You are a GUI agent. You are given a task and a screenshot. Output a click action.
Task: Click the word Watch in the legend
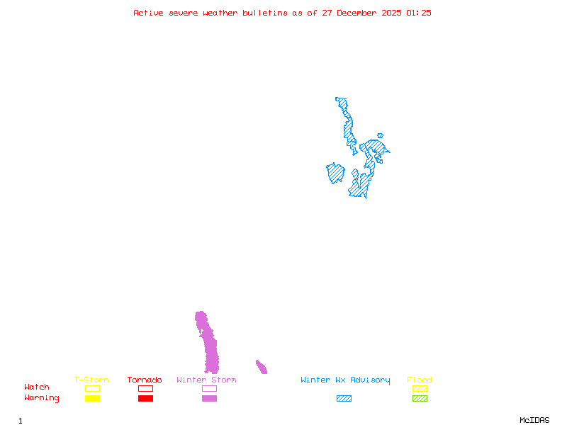pyautogui.click(x=37, y=387)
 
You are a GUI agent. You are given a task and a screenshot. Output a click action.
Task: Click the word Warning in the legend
pyautogui.click(x=42, y=398)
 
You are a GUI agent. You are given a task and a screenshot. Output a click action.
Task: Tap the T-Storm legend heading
pyautogui.click(x=91, y=380)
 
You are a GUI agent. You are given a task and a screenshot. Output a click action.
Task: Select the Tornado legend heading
pyautogui.click(x=145, y=380)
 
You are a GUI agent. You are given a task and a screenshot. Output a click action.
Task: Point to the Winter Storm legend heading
pyautogui.click(x=206, y=380)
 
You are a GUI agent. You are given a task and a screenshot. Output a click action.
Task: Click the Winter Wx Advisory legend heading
pyautogui.click(x=345, y=380)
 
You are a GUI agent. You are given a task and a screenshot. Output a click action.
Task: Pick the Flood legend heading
pyautogui.click(x=420, y=380)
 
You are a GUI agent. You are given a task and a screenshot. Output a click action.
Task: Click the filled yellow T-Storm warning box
pyautogui.click(x=92, y=398)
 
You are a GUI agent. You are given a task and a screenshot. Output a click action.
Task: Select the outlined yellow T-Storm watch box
pyautogui.click(x=92, y=388)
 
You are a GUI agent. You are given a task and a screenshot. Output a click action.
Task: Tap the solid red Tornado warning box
pyautogui.click(x=145, y=398)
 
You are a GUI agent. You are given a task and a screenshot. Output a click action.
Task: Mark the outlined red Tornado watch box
pyautogui.click(x=145, y=388)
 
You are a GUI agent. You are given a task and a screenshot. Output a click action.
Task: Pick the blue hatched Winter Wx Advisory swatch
pyautogui.click(x=344, y=398)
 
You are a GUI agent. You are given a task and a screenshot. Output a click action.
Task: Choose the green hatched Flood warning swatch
pyautogui.click(x=420, y=398)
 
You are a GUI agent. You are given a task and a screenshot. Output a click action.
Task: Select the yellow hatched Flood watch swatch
pyautogui.click(x=420, y=388)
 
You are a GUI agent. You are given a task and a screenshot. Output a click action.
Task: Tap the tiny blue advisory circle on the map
pyautogui.click(x=381, y=135)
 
